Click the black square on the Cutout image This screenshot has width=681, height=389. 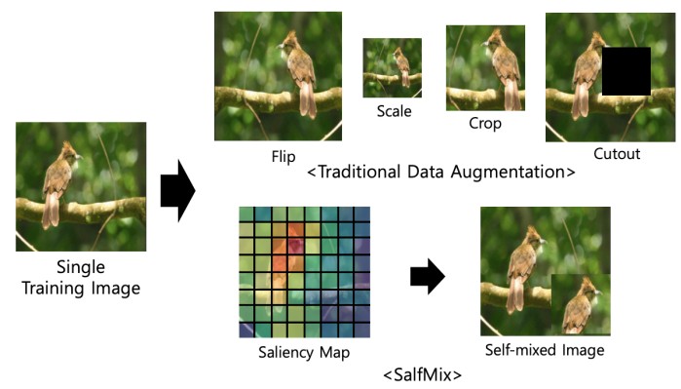click(x=625, y=70)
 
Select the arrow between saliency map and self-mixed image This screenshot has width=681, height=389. click(x=426, y=277)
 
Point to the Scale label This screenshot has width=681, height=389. click(x=395, y=111)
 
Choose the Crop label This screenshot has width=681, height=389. click(x=485, y=125)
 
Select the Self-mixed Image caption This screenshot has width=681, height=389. click(x=545, y=350)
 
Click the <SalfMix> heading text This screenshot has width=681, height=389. click(x=422, y=373)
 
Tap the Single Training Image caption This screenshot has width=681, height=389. click(x=80, y=278)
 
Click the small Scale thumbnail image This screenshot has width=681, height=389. click(x=393, y=67)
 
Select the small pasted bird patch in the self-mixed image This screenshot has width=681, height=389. click(x=581, y=304)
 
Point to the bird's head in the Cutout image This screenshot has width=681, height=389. click(x=587, y=41)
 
